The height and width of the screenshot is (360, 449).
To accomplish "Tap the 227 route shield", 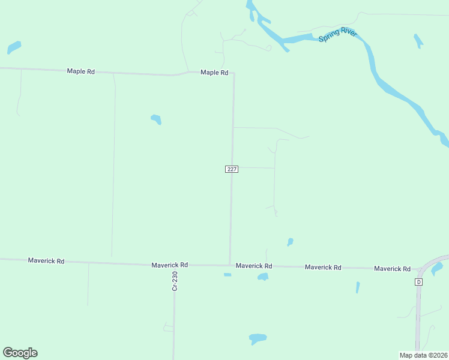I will pos(232,169).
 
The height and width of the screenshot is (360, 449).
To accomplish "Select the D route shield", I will pos(419,281).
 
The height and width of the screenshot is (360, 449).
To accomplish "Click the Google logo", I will pos(20,353).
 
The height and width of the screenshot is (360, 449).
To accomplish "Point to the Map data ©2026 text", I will pos(423,355).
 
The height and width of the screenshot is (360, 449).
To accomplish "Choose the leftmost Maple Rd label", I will pos(80,71).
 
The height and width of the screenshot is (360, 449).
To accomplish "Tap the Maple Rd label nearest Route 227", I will pos(214,73).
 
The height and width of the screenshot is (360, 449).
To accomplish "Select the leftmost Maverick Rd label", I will pos(46,261).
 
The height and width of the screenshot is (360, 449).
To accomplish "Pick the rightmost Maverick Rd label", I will pos(392,269).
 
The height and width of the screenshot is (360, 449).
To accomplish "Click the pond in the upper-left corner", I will pos(14,46).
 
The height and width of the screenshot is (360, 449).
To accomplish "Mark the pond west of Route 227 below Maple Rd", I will pos(156,119).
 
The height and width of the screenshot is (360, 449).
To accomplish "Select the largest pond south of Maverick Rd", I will pos(258,338).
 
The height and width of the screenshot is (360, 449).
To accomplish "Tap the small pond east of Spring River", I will pos(418,41).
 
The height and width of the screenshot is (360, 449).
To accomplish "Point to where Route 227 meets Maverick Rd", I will pos(230,264).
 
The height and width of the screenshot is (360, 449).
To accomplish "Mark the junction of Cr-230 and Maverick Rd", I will pos(175,265).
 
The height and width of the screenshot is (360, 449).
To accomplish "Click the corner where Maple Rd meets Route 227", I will pos(234,74).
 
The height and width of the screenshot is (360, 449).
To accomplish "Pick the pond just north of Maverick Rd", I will pos(290,242).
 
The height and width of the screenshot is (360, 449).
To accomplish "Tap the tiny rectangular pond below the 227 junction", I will pos(228,275).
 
